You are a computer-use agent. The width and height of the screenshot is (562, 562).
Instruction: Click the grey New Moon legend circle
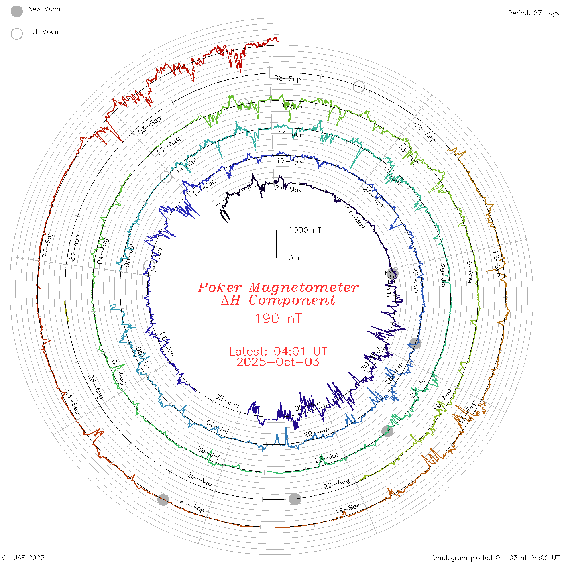[x=17, y=12]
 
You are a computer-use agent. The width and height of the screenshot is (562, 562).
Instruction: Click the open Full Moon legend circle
[x=17, y=34]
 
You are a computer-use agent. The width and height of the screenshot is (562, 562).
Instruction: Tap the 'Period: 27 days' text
[x=533, y=13]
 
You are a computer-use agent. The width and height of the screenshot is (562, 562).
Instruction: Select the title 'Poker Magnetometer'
[x=278, y=287]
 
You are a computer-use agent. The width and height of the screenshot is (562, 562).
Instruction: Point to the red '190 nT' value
[x=278, y=318]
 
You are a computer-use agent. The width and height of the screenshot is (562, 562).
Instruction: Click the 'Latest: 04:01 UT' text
[x=278, y=352]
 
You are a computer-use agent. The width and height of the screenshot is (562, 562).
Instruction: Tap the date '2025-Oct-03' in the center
[x=278, y=362]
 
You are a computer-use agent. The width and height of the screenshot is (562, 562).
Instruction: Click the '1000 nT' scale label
[x=305, y=230]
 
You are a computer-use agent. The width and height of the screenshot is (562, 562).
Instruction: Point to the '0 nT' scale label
[x=297, y=258]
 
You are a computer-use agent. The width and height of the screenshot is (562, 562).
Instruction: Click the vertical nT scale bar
[x=276, y=244]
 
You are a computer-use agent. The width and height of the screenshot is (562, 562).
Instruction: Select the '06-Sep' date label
[x=287, y=79]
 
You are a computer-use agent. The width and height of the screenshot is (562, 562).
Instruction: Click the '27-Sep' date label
[x=48, y=244]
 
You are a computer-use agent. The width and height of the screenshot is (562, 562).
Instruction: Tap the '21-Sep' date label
[x=192, y=506]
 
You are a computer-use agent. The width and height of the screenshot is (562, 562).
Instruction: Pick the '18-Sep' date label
[x=348, y=509]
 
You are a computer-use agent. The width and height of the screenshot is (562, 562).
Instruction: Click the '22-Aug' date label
[x=337, y=483]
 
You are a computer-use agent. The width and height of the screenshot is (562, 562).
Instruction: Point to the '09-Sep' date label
[x=425, y=132]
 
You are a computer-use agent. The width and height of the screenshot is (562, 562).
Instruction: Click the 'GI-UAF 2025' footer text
[x=23, y=558]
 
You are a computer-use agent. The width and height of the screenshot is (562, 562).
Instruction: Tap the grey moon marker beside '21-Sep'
[x=163, y=500]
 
